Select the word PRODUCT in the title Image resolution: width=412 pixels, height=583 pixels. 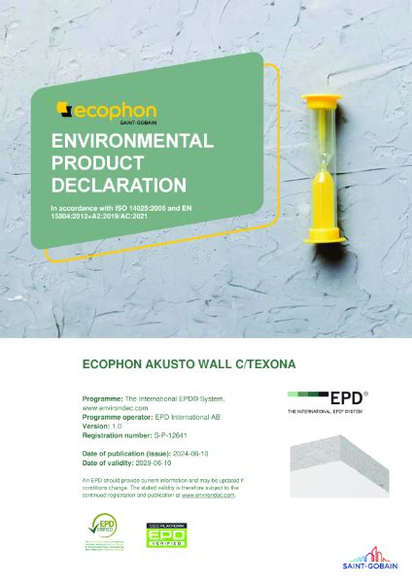91,162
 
